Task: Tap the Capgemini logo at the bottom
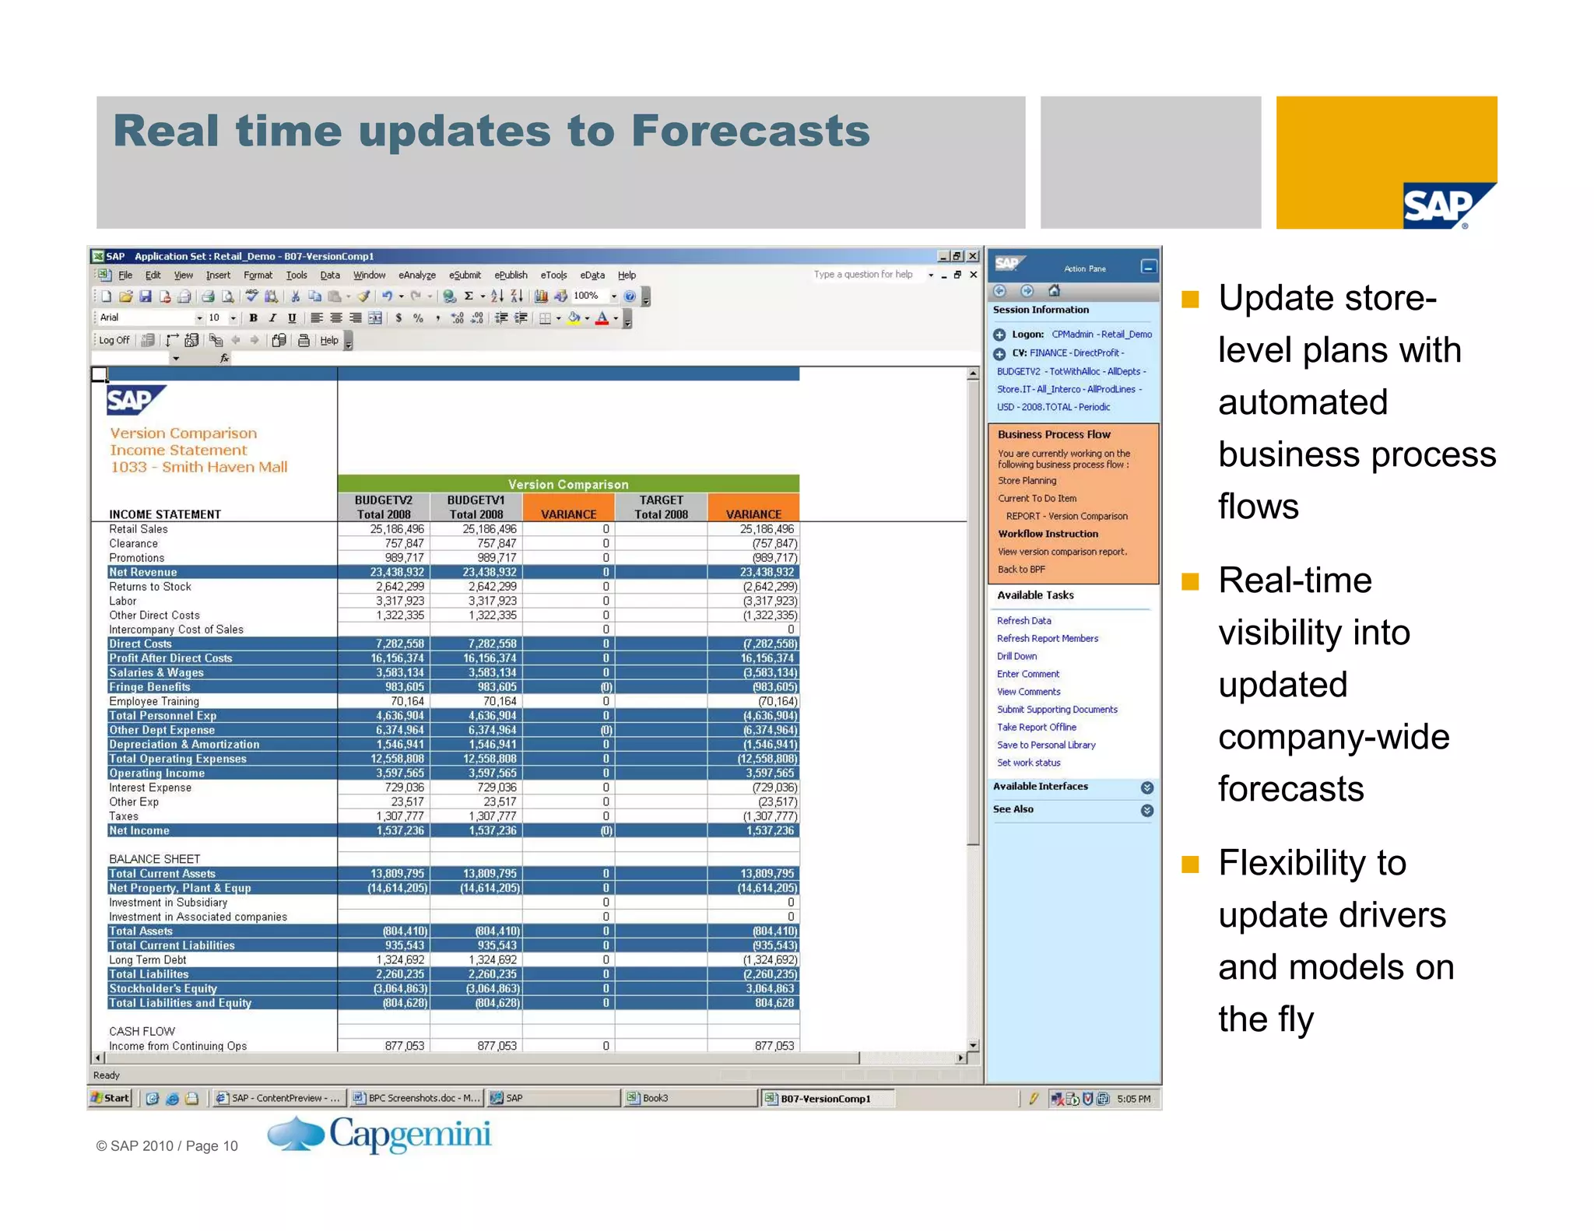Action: pyautogui.click(x=379, y=1135)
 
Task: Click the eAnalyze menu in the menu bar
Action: pyautogui.click(x=416, y=275)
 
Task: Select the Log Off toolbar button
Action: pyautogui.click(x=114, y=340)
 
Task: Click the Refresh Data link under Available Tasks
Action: pyautogui.click(x=1023, y=621)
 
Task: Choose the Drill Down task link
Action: pyautogui.click(x=1016, y=657)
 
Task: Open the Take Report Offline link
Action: pyautogui.click(x=1036, y=728)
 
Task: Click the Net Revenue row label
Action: pyautogui.click(x=143, y=573)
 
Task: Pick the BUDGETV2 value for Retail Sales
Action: pyautogui.click(x=397, y=529)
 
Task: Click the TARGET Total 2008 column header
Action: pyautogui.click(x=661, y=507)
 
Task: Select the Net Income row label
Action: pyautogui.click(x=139, y=831)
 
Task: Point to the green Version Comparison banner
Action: pyautogui.click(x=568, y=484)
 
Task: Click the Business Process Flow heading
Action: pyautogui.click(x=1054, y=435)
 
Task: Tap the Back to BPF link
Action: pyautogui.click(x=1021, y=570)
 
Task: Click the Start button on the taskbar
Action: pyautogui.click(x=110, y=1098)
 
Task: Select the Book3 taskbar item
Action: pyautogui.click(x=655, y=1098)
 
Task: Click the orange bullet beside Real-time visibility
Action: pyautogui.click(x=1190, y=582)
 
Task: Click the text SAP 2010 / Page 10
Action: pyautogui.click(x=167, y=1146)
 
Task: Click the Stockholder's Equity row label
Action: pyautogui.click(x=163, y=989)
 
